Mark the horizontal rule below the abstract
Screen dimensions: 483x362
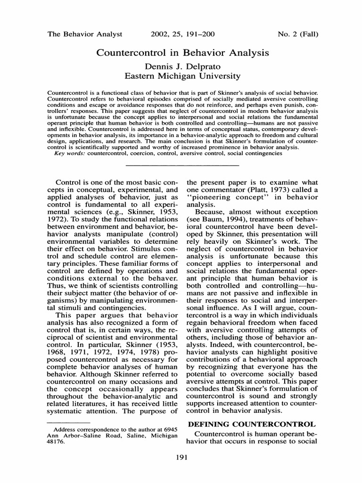click(182, 165)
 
